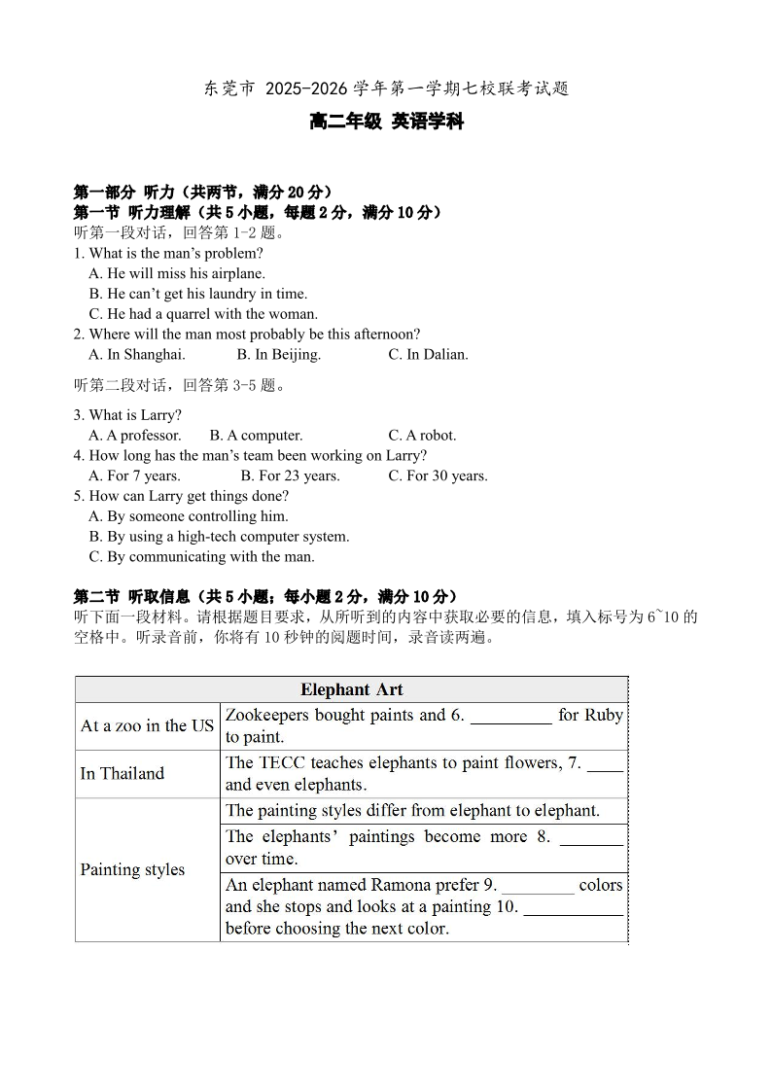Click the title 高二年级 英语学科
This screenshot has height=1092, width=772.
[386, 122]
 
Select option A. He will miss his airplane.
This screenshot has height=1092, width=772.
[177, 274]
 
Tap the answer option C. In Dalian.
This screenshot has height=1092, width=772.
[428, 355]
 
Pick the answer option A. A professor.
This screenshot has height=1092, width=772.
[135, 436]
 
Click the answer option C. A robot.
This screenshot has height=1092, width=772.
[422, 436]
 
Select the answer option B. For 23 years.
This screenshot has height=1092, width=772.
[290, 476]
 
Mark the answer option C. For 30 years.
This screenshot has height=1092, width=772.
[438, 476]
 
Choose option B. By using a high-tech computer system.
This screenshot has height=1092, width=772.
[219, 537]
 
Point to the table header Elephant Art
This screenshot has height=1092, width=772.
[351, 689]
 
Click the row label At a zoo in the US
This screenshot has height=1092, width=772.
[147, 726]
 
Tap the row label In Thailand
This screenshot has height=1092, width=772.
[123, 774]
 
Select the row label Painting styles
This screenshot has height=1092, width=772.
[132, 869]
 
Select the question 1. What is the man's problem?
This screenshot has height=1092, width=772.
[168, 254]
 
